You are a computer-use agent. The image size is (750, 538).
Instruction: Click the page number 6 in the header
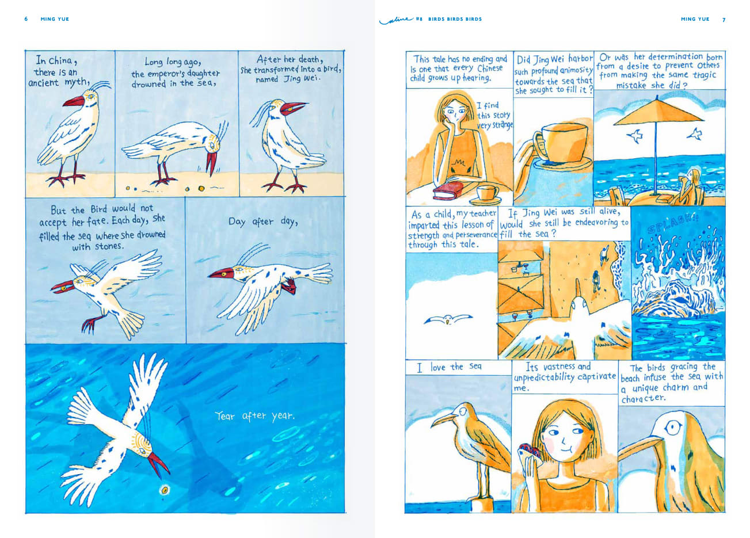pos(26,19)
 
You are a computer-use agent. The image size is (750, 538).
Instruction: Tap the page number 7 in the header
pos(724,20)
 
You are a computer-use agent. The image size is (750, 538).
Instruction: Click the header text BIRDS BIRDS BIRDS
pos(455,19)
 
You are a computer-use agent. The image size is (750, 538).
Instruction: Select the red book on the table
pos(448,191)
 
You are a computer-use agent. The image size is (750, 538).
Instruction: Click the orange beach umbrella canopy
pos(658,113)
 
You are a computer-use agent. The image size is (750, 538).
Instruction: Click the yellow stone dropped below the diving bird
pos(165,490)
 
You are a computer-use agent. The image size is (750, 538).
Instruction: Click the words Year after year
pos(254,416)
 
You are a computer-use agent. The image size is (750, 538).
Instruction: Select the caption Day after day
pos(263,222)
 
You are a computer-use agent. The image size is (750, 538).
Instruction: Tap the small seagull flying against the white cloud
pos(448,319)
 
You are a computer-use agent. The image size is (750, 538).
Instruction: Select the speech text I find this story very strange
pos(494,116)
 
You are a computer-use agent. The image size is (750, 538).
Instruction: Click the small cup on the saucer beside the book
pos(487,193)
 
